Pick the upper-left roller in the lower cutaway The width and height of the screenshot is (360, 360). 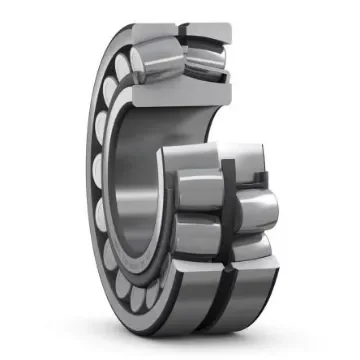click(194, 186)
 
